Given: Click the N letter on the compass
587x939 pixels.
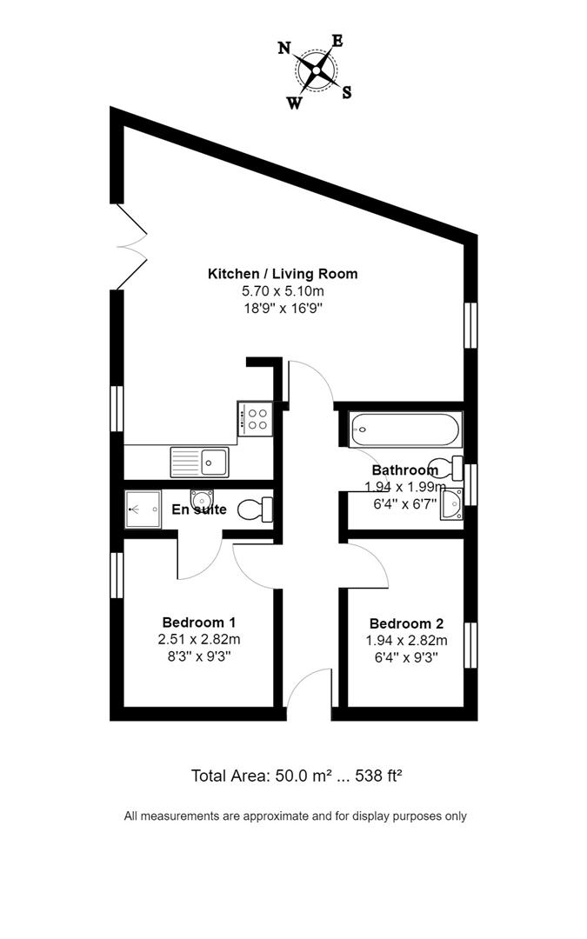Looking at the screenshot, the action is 283,48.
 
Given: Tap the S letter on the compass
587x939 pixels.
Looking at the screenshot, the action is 346,92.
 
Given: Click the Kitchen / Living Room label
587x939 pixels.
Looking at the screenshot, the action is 283,274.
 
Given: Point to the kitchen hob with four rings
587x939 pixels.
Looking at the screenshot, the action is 256,418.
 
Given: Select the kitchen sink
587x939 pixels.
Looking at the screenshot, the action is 199,463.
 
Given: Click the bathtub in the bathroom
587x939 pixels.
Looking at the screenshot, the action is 405,430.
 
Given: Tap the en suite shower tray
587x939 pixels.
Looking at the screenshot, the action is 143,509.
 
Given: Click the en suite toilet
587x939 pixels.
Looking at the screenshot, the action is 256,510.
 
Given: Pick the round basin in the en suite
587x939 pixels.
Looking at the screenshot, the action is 201,498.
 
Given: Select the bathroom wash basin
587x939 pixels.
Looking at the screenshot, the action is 451,504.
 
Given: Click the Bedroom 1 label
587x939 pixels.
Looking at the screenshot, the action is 199,622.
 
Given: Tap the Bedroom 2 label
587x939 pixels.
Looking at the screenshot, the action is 407,623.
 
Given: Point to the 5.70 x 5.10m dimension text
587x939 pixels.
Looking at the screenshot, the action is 283,291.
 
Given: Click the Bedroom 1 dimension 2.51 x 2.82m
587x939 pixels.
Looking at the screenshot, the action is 199,640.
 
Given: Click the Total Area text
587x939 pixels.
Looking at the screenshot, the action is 296,776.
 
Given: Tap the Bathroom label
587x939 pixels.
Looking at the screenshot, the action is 405,470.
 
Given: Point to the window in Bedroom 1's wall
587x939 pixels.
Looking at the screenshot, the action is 117,575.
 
